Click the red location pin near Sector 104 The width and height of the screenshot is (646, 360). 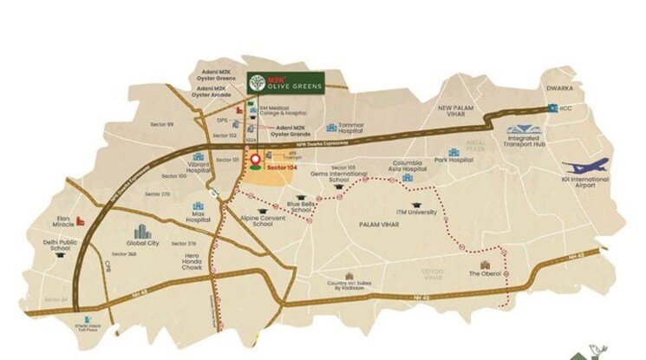[255, 160]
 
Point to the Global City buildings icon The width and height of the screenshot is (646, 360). [141, 232]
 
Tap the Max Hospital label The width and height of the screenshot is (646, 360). [198, 219]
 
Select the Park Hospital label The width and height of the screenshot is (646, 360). [454, 160]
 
